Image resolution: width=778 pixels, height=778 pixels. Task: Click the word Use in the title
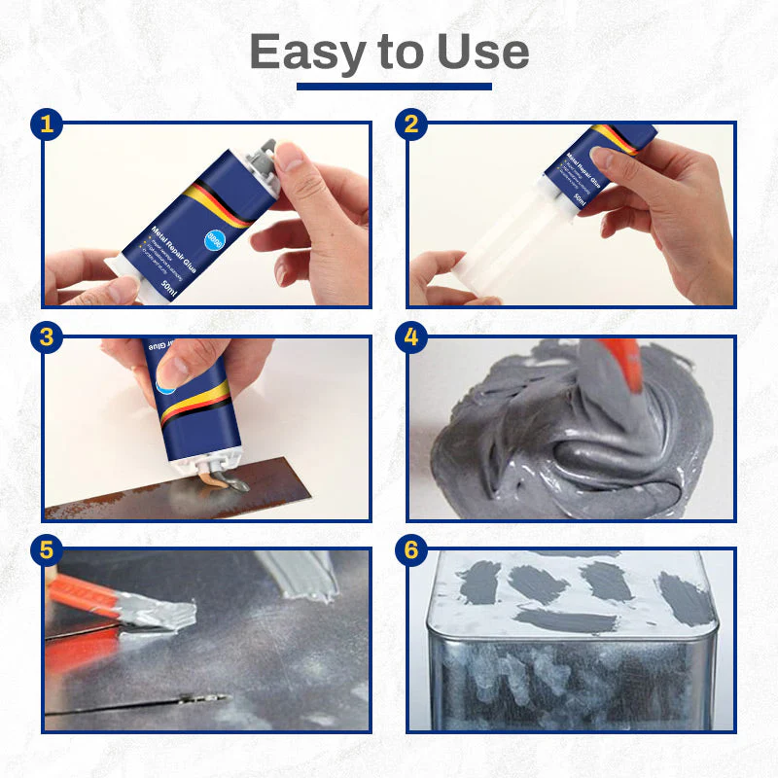tap(482, 52)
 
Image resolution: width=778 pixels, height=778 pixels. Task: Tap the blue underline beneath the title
tap(394, 87)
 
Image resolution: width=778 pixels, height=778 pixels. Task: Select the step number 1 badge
tap(47, 124)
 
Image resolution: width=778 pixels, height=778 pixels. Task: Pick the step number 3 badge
tap(47, 337)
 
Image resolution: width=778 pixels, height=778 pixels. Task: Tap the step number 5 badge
tap(47, 550)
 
